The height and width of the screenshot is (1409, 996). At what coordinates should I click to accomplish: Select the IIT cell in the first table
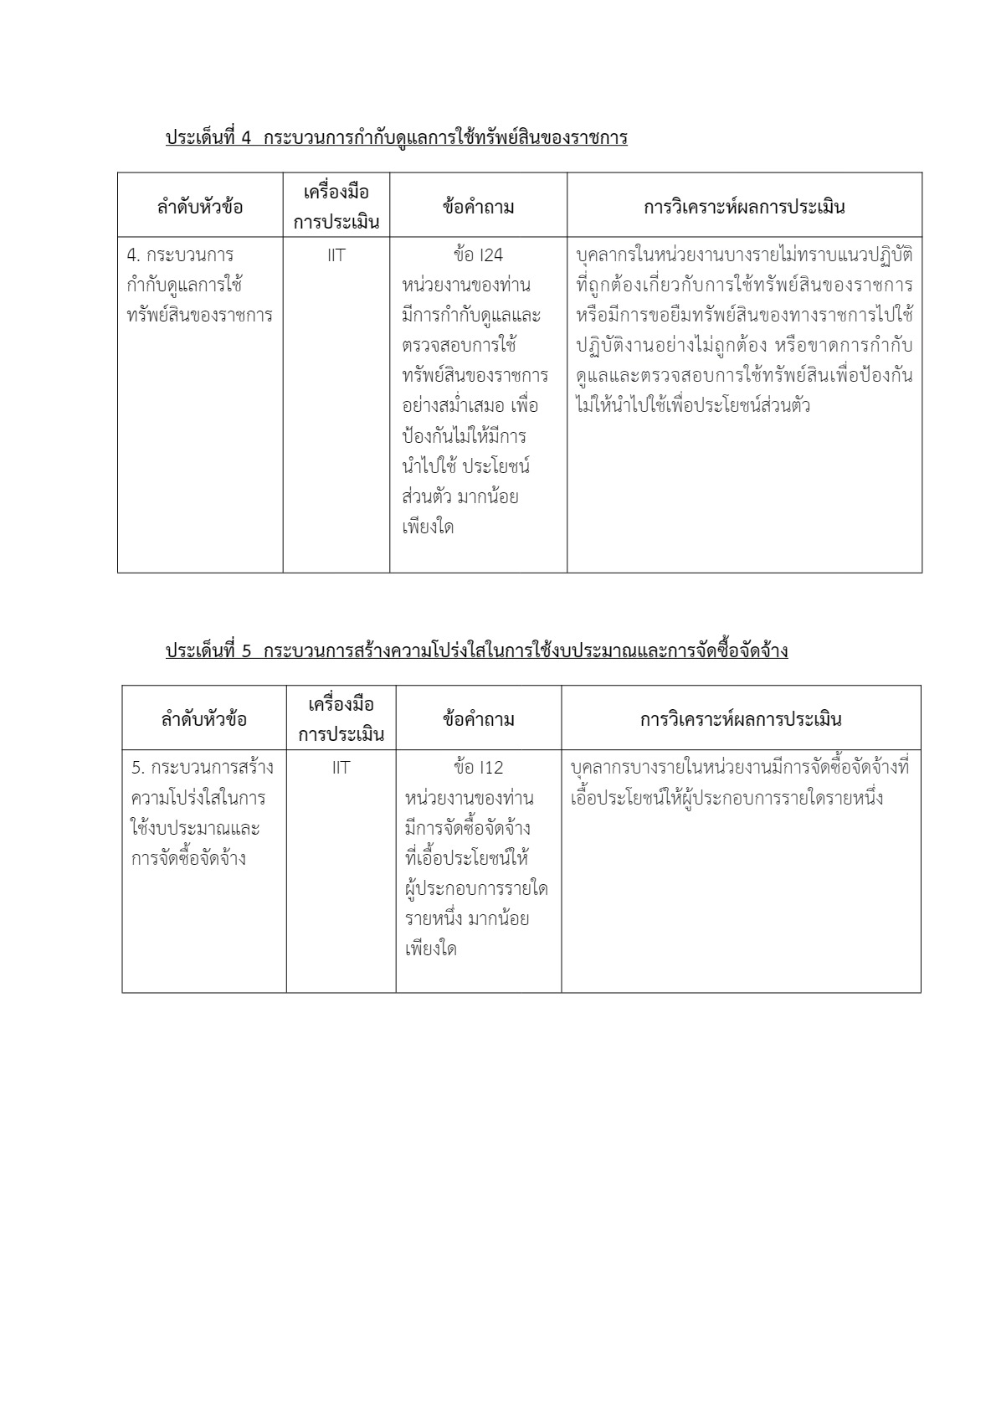(x=336, y=255)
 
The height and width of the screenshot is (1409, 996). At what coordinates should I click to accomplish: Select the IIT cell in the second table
(x=341, y=768)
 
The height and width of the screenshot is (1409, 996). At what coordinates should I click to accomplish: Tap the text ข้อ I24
(x=478, y=255)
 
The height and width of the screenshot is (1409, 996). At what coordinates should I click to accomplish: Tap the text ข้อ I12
(x=478, y=768)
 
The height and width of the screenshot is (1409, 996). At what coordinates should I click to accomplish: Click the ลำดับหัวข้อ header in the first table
(x=200, y=206)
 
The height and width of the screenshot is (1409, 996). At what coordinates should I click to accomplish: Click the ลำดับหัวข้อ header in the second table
(x=204, y=719)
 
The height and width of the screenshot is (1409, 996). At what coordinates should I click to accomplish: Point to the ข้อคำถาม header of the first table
(x=478, y=206)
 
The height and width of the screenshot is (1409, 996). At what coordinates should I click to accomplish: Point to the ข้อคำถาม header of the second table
(x=478, y=719)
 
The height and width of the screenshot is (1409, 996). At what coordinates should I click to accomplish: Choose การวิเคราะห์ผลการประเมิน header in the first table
(x=744, y=206)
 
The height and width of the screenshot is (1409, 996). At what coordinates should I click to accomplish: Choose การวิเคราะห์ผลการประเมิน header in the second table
(x=741, y=719)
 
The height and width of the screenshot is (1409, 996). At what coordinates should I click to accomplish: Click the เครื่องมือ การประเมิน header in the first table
(x=336, y=206)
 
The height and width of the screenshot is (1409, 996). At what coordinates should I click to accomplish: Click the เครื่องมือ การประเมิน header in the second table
(x=341, y=719)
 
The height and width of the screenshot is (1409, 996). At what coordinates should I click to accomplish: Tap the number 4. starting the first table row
(x=132, y=255)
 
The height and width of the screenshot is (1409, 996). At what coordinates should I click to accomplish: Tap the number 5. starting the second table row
(x=138, y=768)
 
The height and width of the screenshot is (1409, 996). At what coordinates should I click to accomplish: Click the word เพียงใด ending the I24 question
(x=428, y=528)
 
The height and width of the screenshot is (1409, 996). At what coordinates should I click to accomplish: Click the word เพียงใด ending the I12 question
(x=430, y=950)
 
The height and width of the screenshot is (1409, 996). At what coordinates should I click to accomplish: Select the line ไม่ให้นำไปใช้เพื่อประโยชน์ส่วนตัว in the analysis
(x=693, y=407)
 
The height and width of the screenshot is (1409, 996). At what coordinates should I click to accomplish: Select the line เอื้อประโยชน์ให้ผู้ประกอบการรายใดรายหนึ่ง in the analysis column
(x=726, y=798)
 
